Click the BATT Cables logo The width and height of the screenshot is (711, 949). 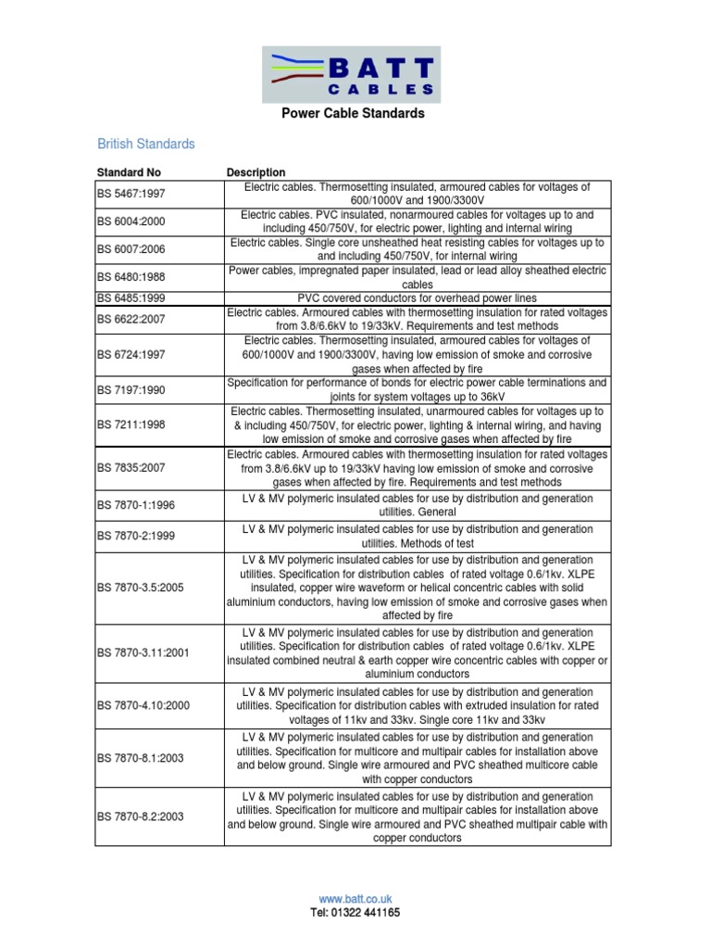(355, 74)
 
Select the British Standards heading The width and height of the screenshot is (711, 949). (146, 145)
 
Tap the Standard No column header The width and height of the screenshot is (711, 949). (129, 172)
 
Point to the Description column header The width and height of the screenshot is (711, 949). (256, 172)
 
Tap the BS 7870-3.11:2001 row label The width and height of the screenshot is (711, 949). (143, 652)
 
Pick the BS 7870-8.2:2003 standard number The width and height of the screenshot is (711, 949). (141, 816)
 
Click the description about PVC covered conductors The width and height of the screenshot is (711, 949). (417, 298)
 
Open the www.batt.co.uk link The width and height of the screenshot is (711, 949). (355, 898)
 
